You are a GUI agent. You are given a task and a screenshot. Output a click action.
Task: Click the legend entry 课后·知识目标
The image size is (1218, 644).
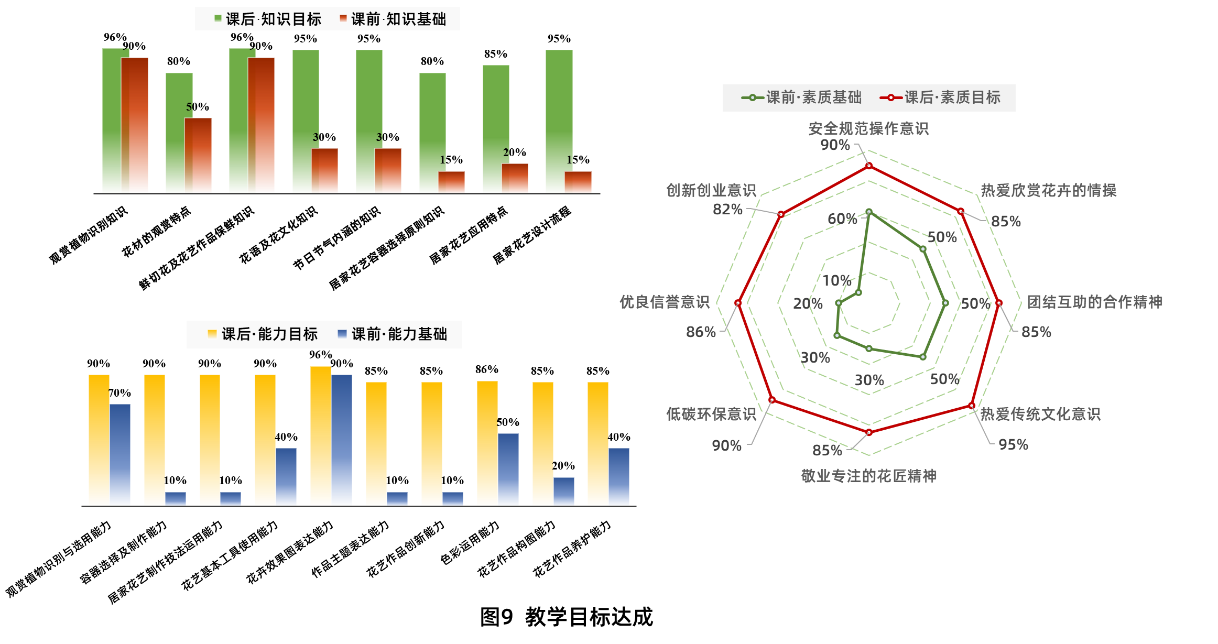pyautogui.click(x=268, y=19)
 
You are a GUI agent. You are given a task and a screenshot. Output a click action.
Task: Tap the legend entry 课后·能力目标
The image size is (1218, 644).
pyautogui.click(x=263, y=334)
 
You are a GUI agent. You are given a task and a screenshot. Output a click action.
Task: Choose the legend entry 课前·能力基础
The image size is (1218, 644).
pyautogui.click(x=393, y=334)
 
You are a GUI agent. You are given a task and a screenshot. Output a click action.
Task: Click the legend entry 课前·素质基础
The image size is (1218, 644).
pyautogui.click(x=802, y=97)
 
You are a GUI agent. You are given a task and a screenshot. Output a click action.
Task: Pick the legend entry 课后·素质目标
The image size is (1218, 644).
pyautogui.click(x=941, y=97)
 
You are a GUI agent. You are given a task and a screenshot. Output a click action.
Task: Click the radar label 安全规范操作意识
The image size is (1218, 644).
pyautogui.click(x=868, y=128)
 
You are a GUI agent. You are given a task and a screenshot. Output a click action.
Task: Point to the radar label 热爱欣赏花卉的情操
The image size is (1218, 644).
pyautogui.click(x=1048, y=190)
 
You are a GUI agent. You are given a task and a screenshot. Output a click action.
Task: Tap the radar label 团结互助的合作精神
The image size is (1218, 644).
pyautogui.click(x=1094, y=302)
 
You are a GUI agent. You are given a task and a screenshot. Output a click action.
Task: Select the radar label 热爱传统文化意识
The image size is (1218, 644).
pyautogui.click(x=1040, y=414)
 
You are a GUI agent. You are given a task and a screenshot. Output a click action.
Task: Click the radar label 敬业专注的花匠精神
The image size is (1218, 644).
pyautogui.click(x=868, y=476)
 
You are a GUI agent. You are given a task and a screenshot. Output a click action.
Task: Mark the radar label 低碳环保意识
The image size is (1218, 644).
pyautogui.click(x=711, y=414)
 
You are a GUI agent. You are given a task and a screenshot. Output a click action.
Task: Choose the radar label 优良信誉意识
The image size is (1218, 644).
pyautogui.click(x=665, y=302)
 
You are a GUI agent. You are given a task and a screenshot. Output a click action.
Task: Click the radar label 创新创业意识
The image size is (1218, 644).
pyautogui.click(x=711, y=190)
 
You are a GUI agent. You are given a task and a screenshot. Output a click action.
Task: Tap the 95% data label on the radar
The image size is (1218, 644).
pyautogui.click(x=1013, y=445)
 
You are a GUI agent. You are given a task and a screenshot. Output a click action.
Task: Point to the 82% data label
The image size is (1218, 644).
pyautogui.click(x=727, y=210)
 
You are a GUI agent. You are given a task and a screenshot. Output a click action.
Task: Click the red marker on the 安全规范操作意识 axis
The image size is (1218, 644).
pyautogui.click(x=869, y=166)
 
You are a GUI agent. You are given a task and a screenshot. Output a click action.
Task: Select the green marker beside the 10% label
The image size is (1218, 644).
pyautogui.click(x=858, y=292)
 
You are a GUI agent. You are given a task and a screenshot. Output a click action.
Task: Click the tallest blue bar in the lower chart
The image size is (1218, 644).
pyautogui.click(x=342, y=440)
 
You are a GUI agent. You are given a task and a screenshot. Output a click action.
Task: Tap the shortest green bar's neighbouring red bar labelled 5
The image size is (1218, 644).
pyautogui.click(x=198, y=155)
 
